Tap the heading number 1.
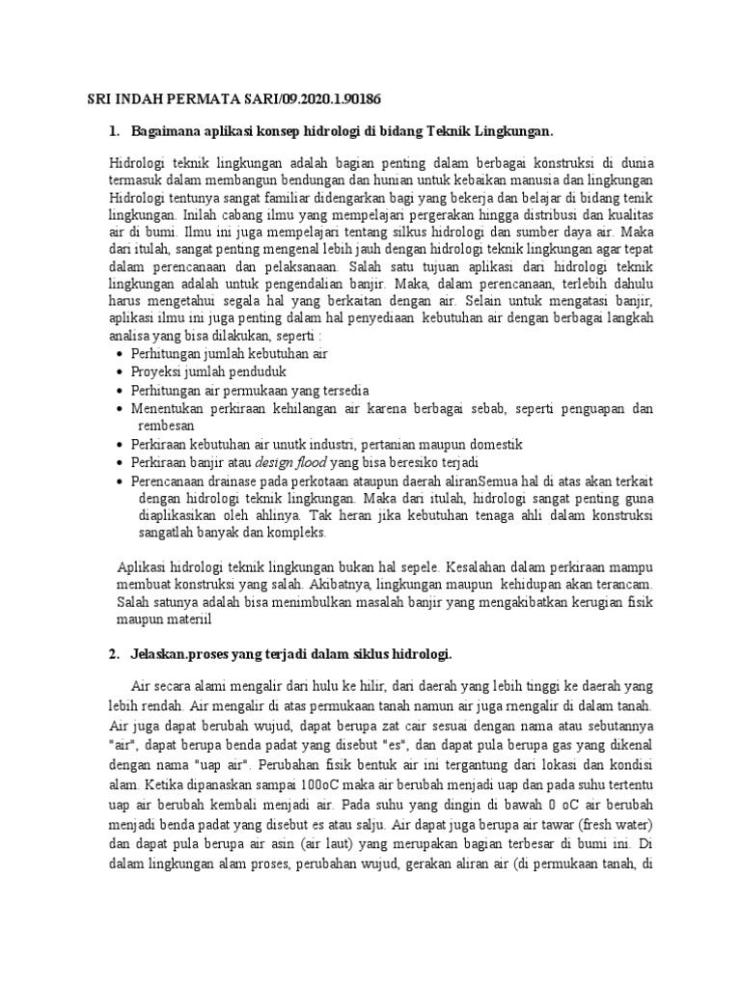click(x=114, y=130)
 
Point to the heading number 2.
click(x=114, y=654)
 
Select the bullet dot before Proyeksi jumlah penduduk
click(x=120, y=371)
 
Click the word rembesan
click(x=163, y=425)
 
